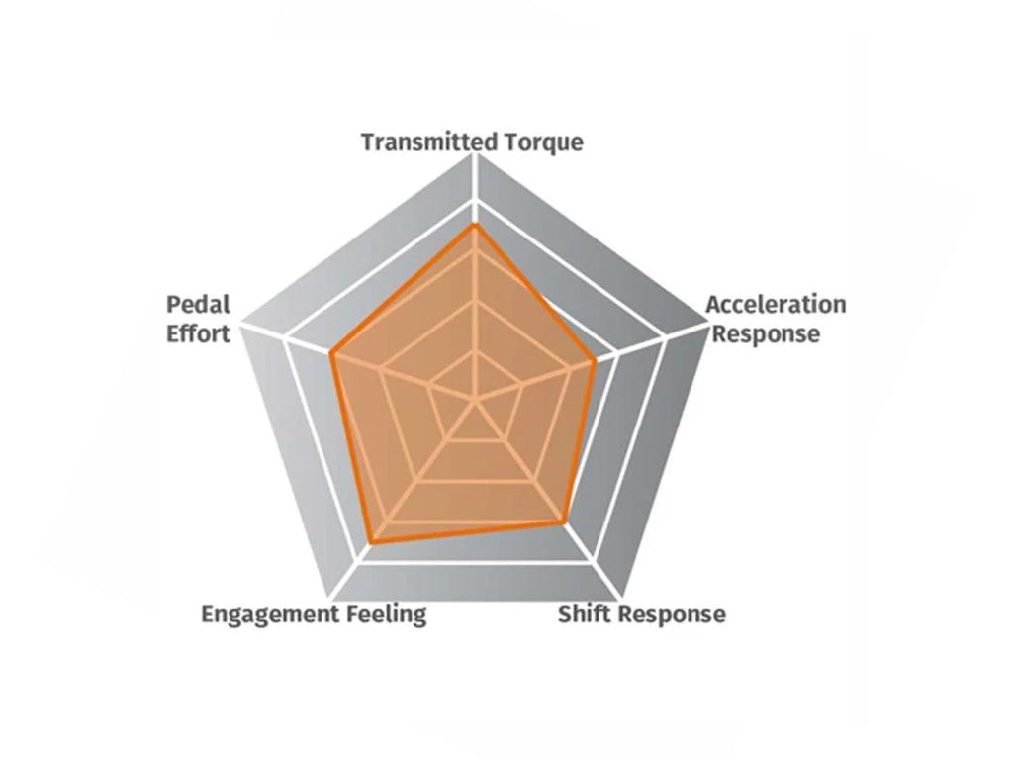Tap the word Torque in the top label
(544, 142)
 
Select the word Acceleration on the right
(776, 304)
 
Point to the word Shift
(586, 614)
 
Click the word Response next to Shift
(672, 614)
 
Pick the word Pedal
(198, 304)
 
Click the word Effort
(198, 334)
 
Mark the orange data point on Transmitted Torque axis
(475, 225)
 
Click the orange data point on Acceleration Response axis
(594, 362)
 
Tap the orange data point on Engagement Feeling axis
(372, 543)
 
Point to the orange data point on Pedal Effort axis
(332, 353)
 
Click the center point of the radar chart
(476, 401)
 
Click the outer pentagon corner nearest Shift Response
(621, 599)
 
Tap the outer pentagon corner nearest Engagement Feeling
(328, 599)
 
